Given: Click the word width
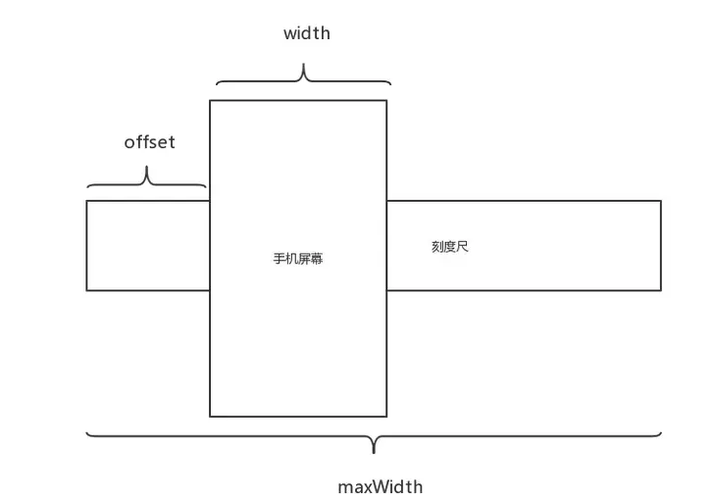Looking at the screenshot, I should coord(307,33).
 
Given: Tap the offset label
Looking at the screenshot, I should coord(149,142).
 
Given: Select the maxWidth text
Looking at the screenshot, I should coord(381,486).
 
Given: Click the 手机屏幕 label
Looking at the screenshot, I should coord(298,260).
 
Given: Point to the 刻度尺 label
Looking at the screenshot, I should coord(450,247).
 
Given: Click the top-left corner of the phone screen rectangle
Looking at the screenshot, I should coord(210,100).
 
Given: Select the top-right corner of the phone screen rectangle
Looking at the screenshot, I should coord(386,100).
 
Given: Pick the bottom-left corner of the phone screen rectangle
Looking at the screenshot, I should coord(210,417).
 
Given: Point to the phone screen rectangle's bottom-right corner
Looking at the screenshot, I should coord(386,417).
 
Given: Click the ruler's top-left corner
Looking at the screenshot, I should coord(87,201).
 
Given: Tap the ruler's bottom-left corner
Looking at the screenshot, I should coord(87,290).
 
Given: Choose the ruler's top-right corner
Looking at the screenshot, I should coord(661,201).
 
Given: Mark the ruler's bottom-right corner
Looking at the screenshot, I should coord(661,290).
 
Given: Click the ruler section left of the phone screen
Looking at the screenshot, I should coord(148,245).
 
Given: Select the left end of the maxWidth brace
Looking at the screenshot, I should coord(87,432).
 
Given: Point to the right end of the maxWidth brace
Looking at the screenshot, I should coord(661,432).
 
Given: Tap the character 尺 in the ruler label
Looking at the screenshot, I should coord(463,247).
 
